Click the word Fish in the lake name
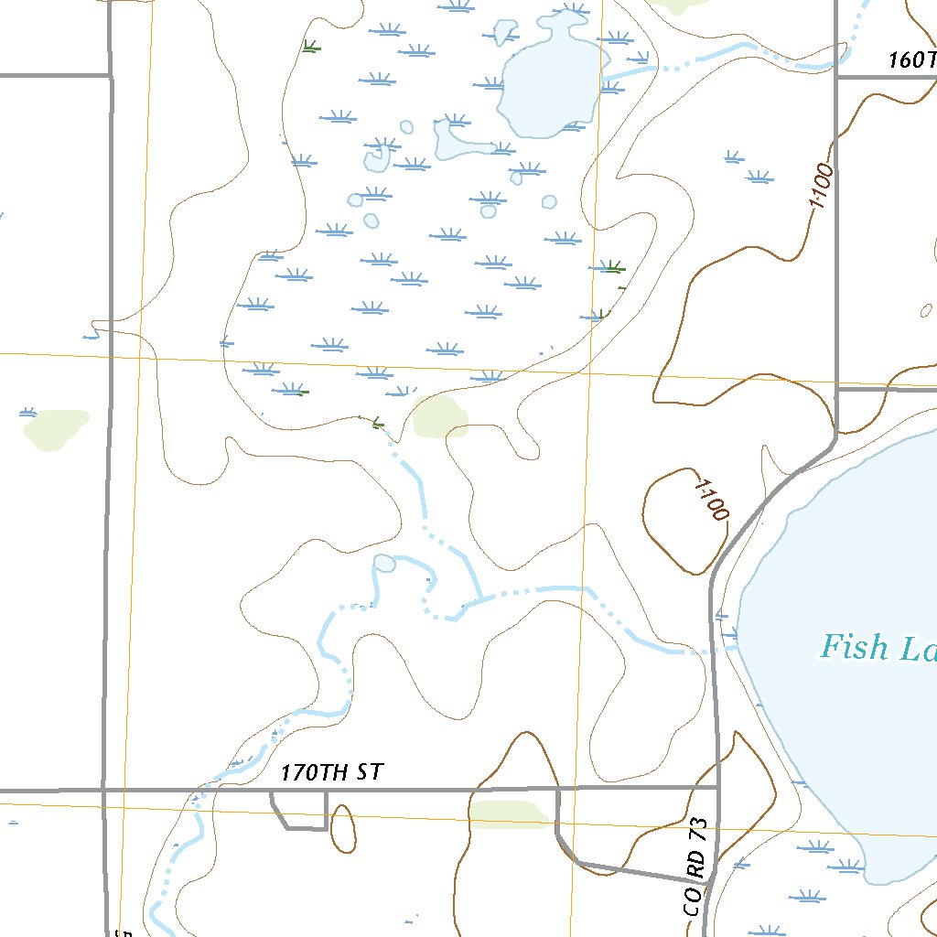click(x=855, y=648)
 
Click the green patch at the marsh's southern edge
click(x=440, y=417)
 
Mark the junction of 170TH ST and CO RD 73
click(x=718, y=787)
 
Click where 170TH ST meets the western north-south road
click(x=104, y=789)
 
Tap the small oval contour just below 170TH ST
click(x=343, y=829)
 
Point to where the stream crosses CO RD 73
click(x=714, y=652)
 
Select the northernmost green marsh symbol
click(x=311, y=46)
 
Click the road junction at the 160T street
click(x=837, y=77)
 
